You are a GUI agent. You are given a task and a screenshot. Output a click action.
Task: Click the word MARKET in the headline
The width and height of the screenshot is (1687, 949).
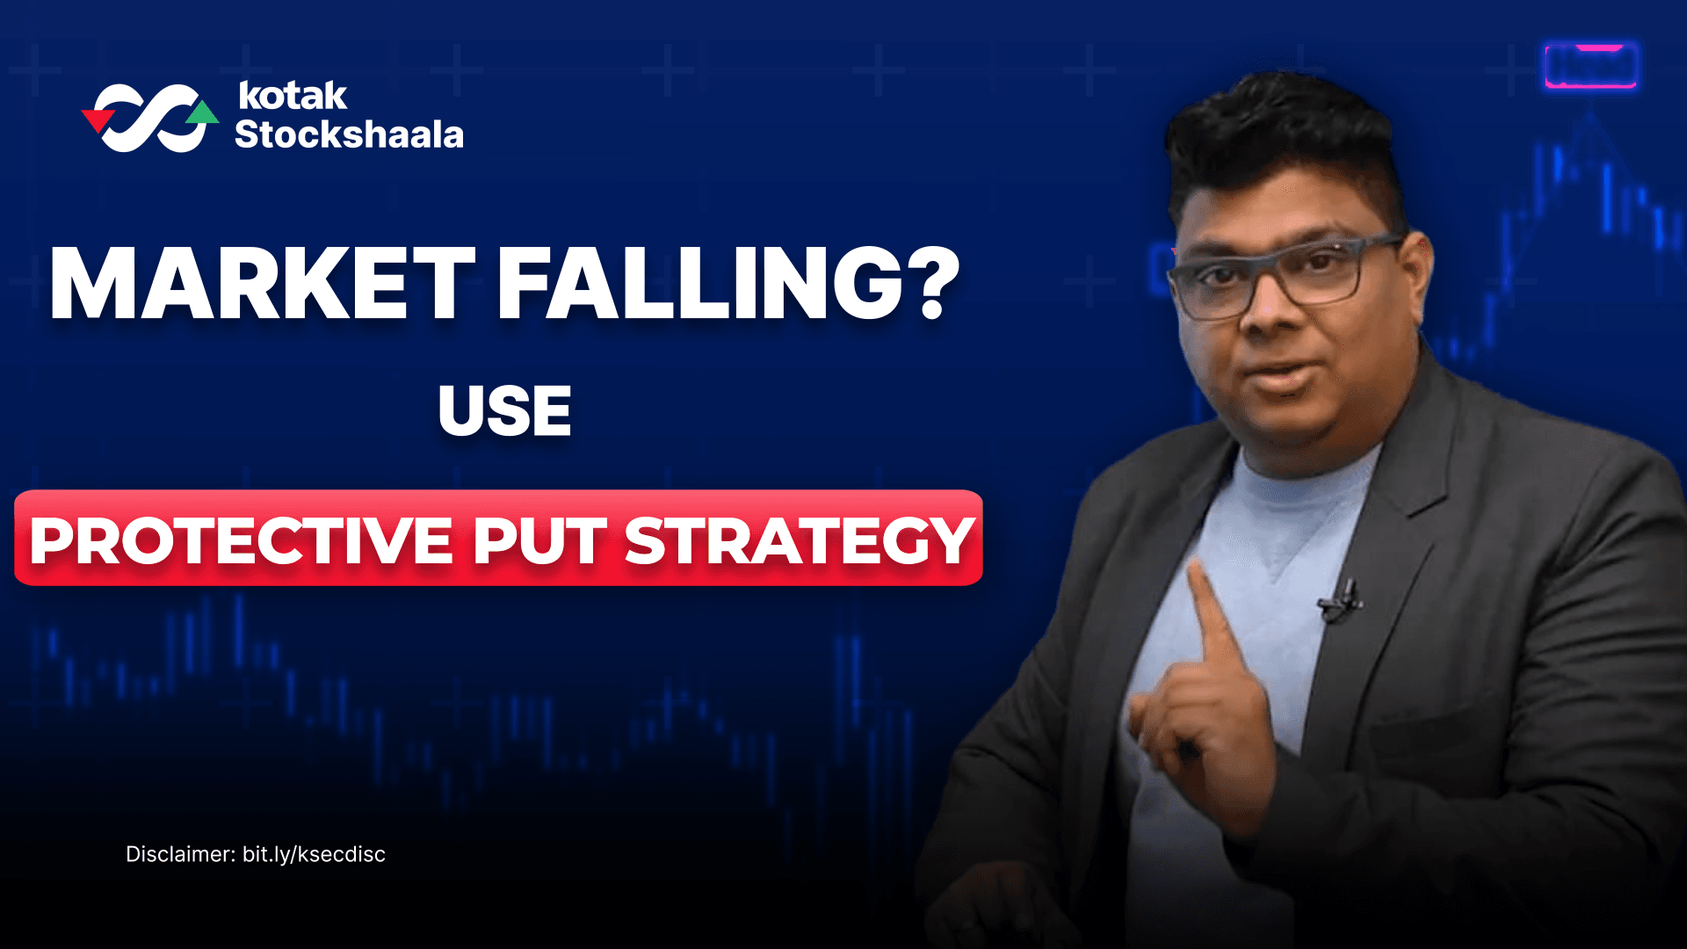[261, 283]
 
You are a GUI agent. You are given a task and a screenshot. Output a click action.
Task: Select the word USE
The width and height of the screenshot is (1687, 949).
[504, 411]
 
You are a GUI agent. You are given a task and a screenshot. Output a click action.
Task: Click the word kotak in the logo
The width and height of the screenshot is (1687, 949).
[292, 96]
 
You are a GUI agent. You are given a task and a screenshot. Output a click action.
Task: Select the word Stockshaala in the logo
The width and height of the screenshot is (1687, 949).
[349, 135]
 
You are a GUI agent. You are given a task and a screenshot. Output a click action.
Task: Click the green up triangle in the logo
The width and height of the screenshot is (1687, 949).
[203, 113]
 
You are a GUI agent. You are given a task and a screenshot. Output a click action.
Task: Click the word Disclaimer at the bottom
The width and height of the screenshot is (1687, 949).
[179, 854]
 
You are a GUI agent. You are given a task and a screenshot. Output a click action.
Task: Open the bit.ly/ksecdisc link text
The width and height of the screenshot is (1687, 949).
[314, 854]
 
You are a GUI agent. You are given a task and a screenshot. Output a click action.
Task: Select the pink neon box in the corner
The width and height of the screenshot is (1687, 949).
[1590, 66]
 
